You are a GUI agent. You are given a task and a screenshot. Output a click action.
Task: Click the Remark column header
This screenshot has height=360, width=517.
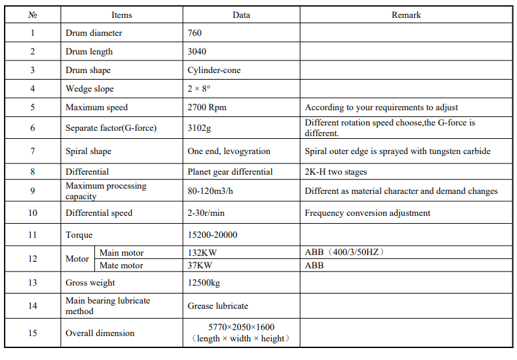click(406, 15)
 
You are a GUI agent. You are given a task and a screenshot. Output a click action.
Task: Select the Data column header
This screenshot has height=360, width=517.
click(241, 15)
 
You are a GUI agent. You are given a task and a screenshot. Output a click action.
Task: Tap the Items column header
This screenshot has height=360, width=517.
click(121, 15)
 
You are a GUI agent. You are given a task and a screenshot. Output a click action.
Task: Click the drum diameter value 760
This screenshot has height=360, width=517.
click(195, 33)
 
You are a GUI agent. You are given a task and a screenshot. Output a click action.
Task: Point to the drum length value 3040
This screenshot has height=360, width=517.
click(197, 51)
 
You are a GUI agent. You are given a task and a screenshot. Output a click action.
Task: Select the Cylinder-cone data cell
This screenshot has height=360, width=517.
click(214, 70)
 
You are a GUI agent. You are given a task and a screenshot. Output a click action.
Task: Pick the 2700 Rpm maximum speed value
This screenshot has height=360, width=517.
click(207, 107)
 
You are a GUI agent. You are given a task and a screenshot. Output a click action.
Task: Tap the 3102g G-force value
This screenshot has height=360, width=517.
click(200, 128)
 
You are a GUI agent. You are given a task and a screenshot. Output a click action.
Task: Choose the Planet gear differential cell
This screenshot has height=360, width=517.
click(230, 171)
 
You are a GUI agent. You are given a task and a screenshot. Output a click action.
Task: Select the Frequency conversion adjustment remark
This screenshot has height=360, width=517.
click(367, 213)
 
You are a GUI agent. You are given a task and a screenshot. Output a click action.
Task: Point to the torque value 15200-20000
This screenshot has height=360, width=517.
click(213, 234)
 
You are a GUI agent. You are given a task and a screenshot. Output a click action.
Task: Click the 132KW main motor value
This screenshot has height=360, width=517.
click(199, 252)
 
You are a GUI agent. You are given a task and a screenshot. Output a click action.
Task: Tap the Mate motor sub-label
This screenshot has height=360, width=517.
click(121, 265)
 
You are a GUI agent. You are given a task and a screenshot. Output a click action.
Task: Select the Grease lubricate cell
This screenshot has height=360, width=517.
click(218, 306)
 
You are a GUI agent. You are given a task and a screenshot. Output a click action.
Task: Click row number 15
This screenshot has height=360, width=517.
click(33, 333)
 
